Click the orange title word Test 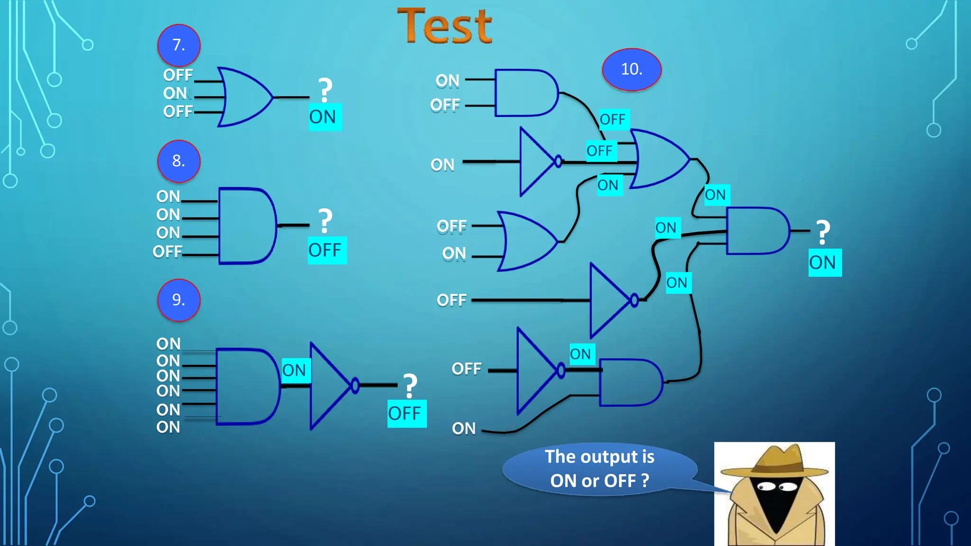pyautogui.click(x=444, y=27)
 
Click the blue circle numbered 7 pyautogui.click(x=179, y=45)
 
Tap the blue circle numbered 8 pyautogui.click(x=179, y=161)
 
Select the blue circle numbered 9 pyautogui.click(x=179, y=300)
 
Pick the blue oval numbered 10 pyautogui.click(x=632, y=70)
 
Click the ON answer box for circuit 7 pyautogui.click(x=325, y=117)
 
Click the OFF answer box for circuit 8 pyautogui.click(x=327, y=250)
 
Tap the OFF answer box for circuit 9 pyautogui.click(x=406, y=414)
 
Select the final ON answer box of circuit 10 pyautogui.click(x=824, y=263)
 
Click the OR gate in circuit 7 pyautogui.click(x=244, y=97)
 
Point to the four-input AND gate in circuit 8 pyautogui.click(x=247, y=226)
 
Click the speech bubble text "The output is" pyautogui.click(x=599, y=457)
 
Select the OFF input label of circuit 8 pyautogui.click(x=167, y=252)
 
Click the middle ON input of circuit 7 pyautogui.click(x=175, y=93)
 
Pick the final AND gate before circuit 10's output pyautogui.click(x=756, y=231)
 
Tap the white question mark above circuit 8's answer pyautogui.click(x=325, y=220)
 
